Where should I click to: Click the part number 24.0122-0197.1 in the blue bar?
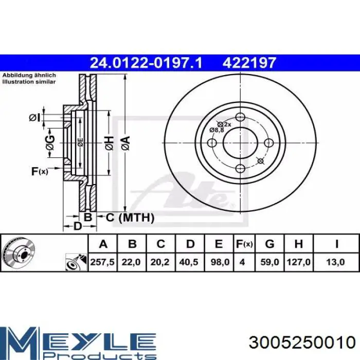[x=146, y=63]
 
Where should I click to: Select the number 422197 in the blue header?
[x=249, y=63]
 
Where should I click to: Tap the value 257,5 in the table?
[x=102, y=262]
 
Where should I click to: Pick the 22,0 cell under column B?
[x=131, y=262]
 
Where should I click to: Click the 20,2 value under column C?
[x=160, y=262]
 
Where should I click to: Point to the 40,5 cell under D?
[x=189, y=262]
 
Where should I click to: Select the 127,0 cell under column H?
[x=298, y=262]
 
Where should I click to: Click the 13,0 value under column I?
[x=335, y=262]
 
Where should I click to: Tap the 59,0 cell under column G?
[x=270, y=262]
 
